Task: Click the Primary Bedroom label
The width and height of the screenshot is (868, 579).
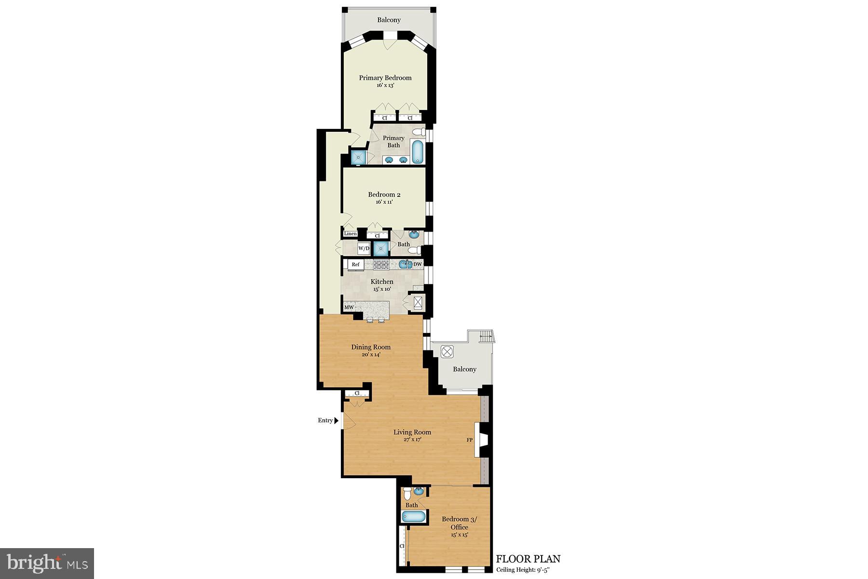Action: tap(385, 78)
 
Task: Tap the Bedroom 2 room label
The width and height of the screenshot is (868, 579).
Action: tap(384, 195)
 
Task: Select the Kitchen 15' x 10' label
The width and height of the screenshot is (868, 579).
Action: tap(381, 285)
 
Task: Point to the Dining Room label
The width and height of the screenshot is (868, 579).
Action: tap(371, 347)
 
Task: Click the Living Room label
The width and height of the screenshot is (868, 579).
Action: tap(412, 433)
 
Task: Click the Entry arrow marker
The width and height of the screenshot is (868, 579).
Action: tap(336, 421)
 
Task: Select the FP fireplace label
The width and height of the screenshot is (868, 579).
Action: tap(469, 440)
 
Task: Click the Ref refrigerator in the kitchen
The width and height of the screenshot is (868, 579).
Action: tap(355, 265)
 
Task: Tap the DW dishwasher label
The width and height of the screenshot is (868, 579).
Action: tap(418, 264)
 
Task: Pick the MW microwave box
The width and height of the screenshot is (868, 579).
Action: tap(349, 307)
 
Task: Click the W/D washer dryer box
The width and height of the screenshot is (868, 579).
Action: tap(364, 248)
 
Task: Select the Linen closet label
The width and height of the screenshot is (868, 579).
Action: tap(350, 234)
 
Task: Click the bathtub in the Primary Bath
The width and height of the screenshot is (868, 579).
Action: tap(418, 152)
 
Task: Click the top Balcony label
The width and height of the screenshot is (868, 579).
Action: tap(389, 20)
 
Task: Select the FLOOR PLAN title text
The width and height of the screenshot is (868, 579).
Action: tap(528, 559)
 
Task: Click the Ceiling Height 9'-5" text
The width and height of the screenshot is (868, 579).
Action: tap(523, 570)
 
